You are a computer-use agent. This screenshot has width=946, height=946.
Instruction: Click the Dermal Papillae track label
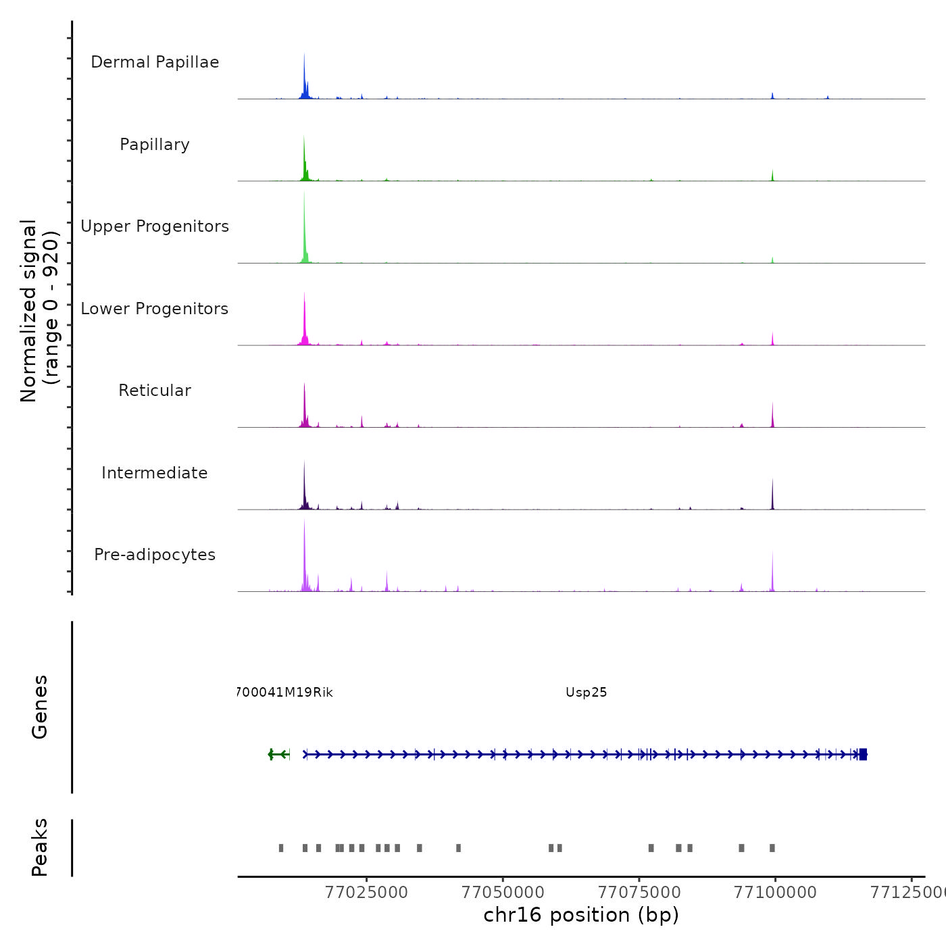(155, 62)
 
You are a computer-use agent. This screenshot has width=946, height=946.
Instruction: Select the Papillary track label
(155, 145)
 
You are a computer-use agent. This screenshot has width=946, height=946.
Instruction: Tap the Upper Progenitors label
(155, 226)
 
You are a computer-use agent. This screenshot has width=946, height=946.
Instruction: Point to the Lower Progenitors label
(155, 309)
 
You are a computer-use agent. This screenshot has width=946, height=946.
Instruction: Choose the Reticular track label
(155, 391)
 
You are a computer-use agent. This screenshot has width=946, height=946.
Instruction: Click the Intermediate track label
(155, 473)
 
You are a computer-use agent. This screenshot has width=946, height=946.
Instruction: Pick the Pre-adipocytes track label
(155, 555)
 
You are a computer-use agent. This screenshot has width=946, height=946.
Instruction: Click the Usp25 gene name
(586, 693)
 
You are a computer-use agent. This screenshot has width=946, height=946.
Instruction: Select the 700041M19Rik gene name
(284, 693)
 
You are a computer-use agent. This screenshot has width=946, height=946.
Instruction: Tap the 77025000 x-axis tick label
(366, 893)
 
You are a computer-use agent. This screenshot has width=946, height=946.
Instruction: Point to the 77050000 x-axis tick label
(503, 893)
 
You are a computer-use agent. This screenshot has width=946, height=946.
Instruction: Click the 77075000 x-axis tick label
(639, 893)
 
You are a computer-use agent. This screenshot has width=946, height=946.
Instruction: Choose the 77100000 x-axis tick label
(775, 893)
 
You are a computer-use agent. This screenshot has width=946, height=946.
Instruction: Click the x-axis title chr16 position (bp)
(581, 915)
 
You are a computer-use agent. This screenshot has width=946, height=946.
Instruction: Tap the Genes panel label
(40, 707)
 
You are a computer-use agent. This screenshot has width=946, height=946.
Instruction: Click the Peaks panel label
(40, 847)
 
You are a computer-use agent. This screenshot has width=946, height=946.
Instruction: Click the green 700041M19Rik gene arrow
(278, 754)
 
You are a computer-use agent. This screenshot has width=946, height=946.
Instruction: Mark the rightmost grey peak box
(772, 848)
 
